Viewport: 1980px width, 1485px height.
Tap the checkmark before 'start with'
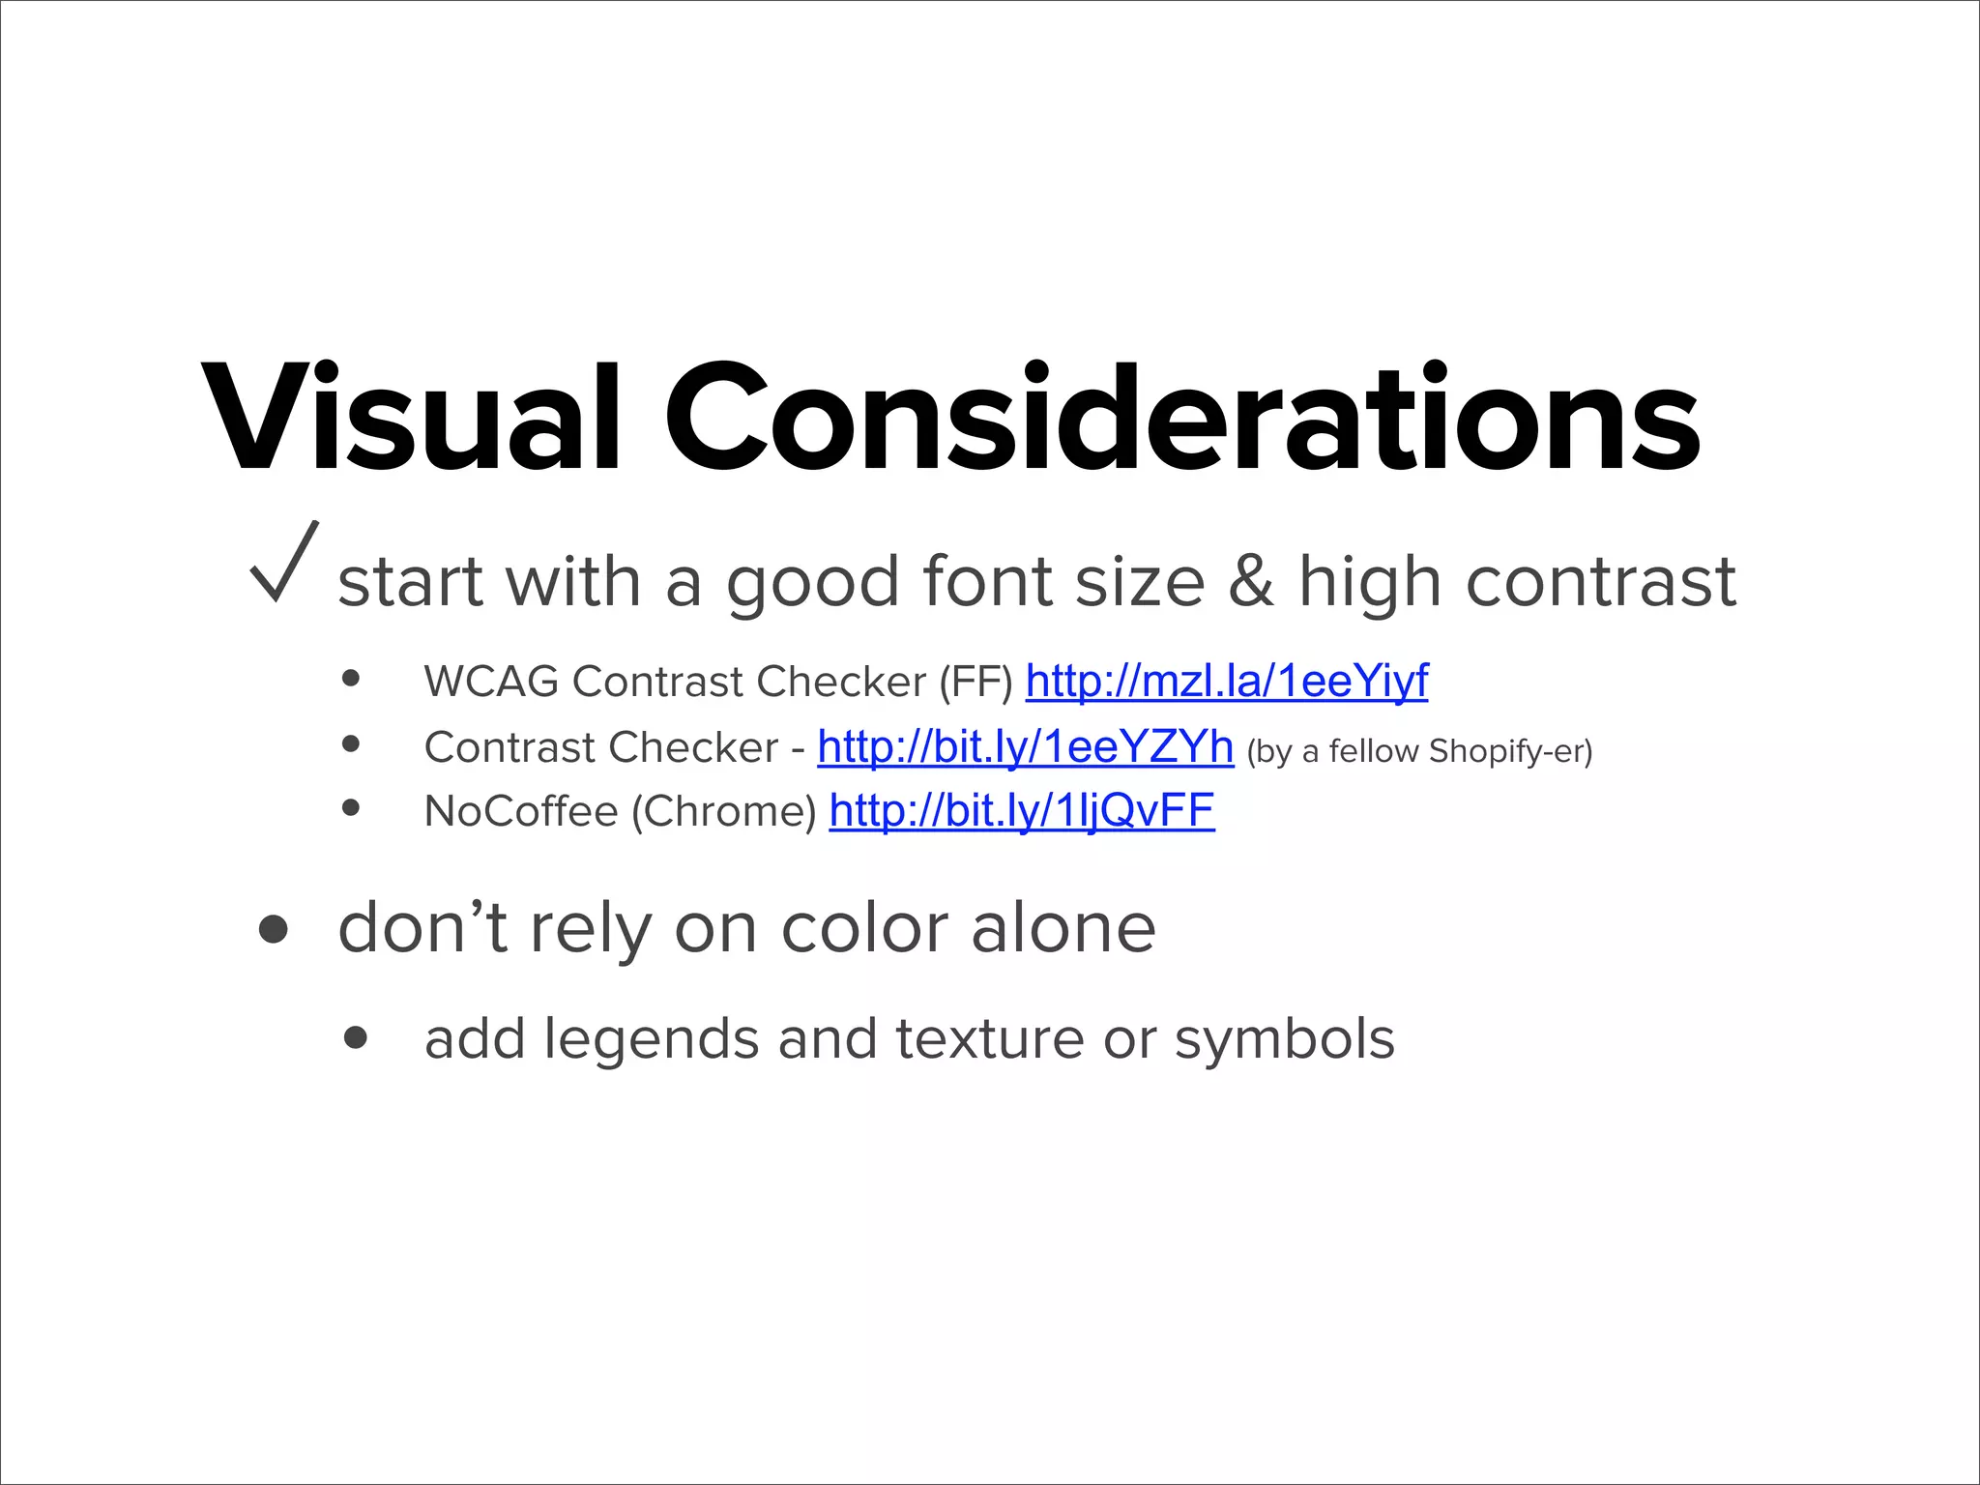pos(283,563)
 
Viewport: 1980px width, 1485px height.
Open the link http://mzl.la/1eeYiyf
pos(1226,682)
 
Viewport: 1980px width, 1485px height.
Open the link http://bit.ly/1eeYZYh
pos(1025,746)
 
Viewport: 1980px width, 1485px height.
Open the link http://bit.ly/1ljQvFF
pos(1022,810)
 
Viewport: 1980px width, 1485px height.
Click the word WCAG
pos(491,682)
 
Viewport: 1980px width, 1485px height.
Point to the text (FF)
pos(975,683)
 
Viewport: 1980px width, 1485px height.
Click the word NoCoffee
pos(520,811)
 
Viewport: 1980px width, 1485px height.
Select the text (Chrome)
pos(724,812)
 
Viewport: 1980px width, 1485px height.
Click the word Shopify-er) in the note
pos(1510,751)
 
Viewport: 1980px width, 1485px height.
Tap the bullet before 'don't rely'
pos(274,929)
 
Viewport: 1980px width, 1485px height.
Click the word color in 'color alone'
pos(864,929)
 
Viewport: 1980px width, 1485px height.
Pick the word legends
pos(652,1040)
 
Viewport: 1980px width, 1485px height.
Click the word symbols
pos(1284,1040)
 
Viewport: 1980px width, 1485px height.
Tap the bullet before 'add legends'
pos(356,1038)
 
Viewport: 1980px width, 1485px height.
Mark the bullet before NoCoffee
pos(351,808)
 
